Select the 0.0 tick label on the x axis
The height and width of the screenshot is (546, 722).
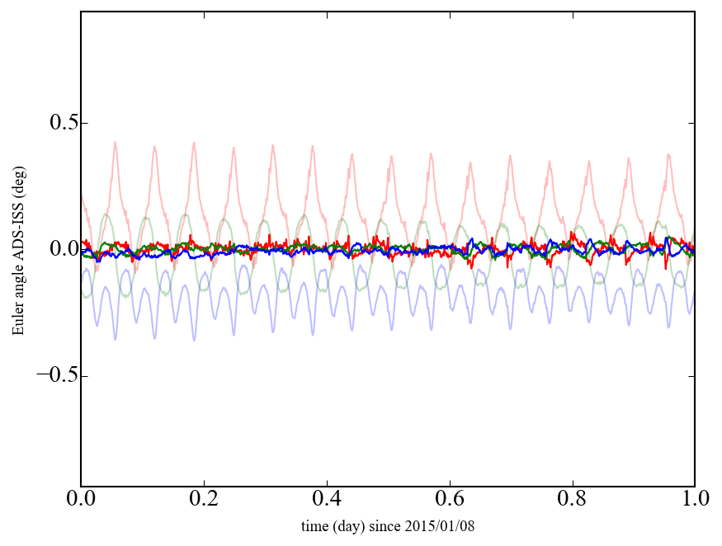tap(81, 501)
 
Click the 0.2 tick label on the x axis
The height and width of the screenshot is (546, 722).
tap(204, 501)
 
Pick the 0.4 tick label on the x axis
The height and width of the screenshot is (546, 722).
tap(327, 501)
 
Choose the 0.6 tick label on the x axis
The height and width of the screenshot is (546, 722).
tap(449, 501)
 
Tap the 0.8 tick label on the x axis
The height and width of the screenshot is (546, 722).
tap(572, 501)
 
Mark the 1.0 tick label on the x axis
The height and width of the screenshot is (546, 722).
tap(694, 501)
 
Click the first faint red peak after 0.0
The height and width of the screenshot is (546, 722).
tap(115, 143)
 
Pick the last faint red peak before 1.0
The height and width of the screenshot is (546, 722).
tap(668, 154)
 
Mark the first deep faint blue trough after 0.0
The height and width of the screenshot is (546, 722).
tap(115, 339)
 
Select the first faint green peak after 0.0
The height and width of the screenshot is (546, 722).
tap(106, 214)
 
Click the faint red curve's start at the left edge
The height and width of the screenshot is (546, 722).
tap(82, 195)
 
